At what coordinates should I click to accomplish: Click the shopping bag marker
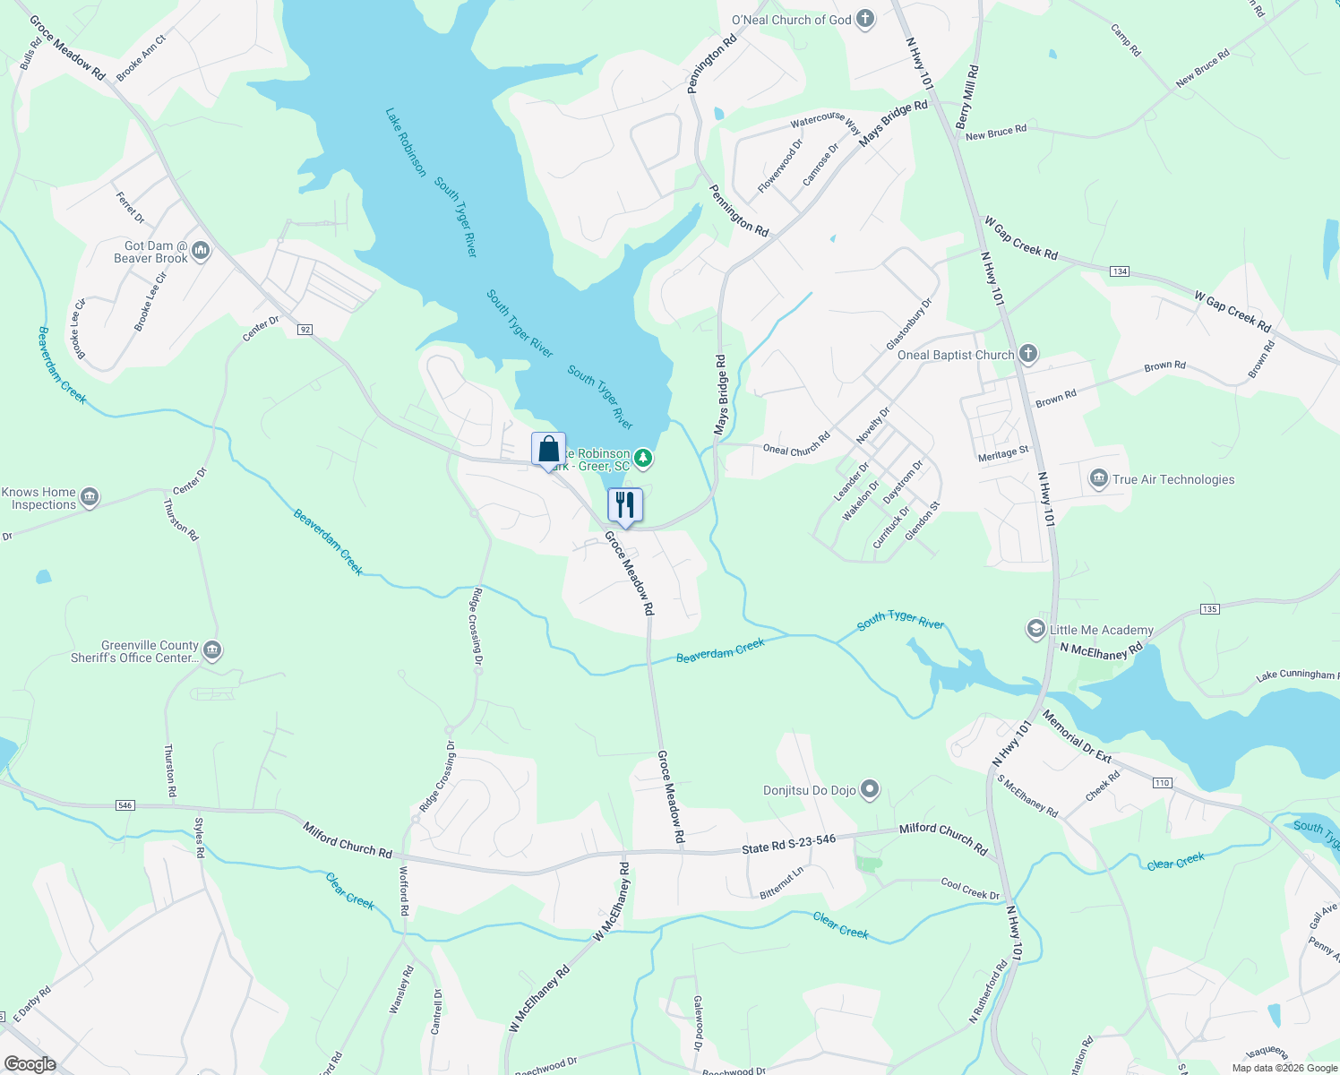click(x=548, y=450)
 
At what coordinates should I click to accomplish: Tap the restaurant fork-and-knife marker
click(x=625, y=505)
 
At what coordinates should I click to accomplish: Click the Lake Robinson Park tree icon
click(x=643, y=460)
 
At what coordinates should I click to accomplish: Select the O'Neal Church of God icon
click(x=865, y=19)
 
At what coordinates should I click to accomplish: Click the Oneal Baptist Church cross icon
click(x=1028, y=354)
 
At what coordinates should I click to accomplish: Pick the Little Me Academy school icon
click(x=1036, y=630)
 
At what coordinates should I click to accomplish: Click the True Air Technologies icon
click(x=1099, y=479)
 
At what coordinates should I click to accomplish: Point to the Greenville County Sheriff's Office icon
click(x=212, y=650)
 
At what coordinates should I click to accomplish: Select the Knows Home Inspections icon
click(x=89, y=497)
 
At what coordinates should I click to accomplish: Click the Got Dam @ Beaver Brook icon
click(x=201, y=251)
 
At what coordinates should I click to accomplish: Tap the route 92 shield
click(x=305, y=330)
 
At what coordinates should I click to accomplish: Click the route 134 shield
click(x=1119, y=271)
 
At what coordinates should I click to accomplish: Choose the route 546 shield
click(x=125, y=805)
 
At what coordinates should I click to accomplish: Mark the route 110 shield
click(x=1162, y=783)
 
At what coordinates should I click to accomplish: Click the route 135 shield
click(x=1209, y=609)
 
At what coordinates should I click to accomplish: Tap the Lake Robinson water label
click(x=406, y=142)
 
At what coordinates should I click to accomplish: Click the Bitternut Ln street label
click(x=782, y=882)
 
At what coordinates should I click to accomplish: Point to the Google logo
click(x=30, y=1064)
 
